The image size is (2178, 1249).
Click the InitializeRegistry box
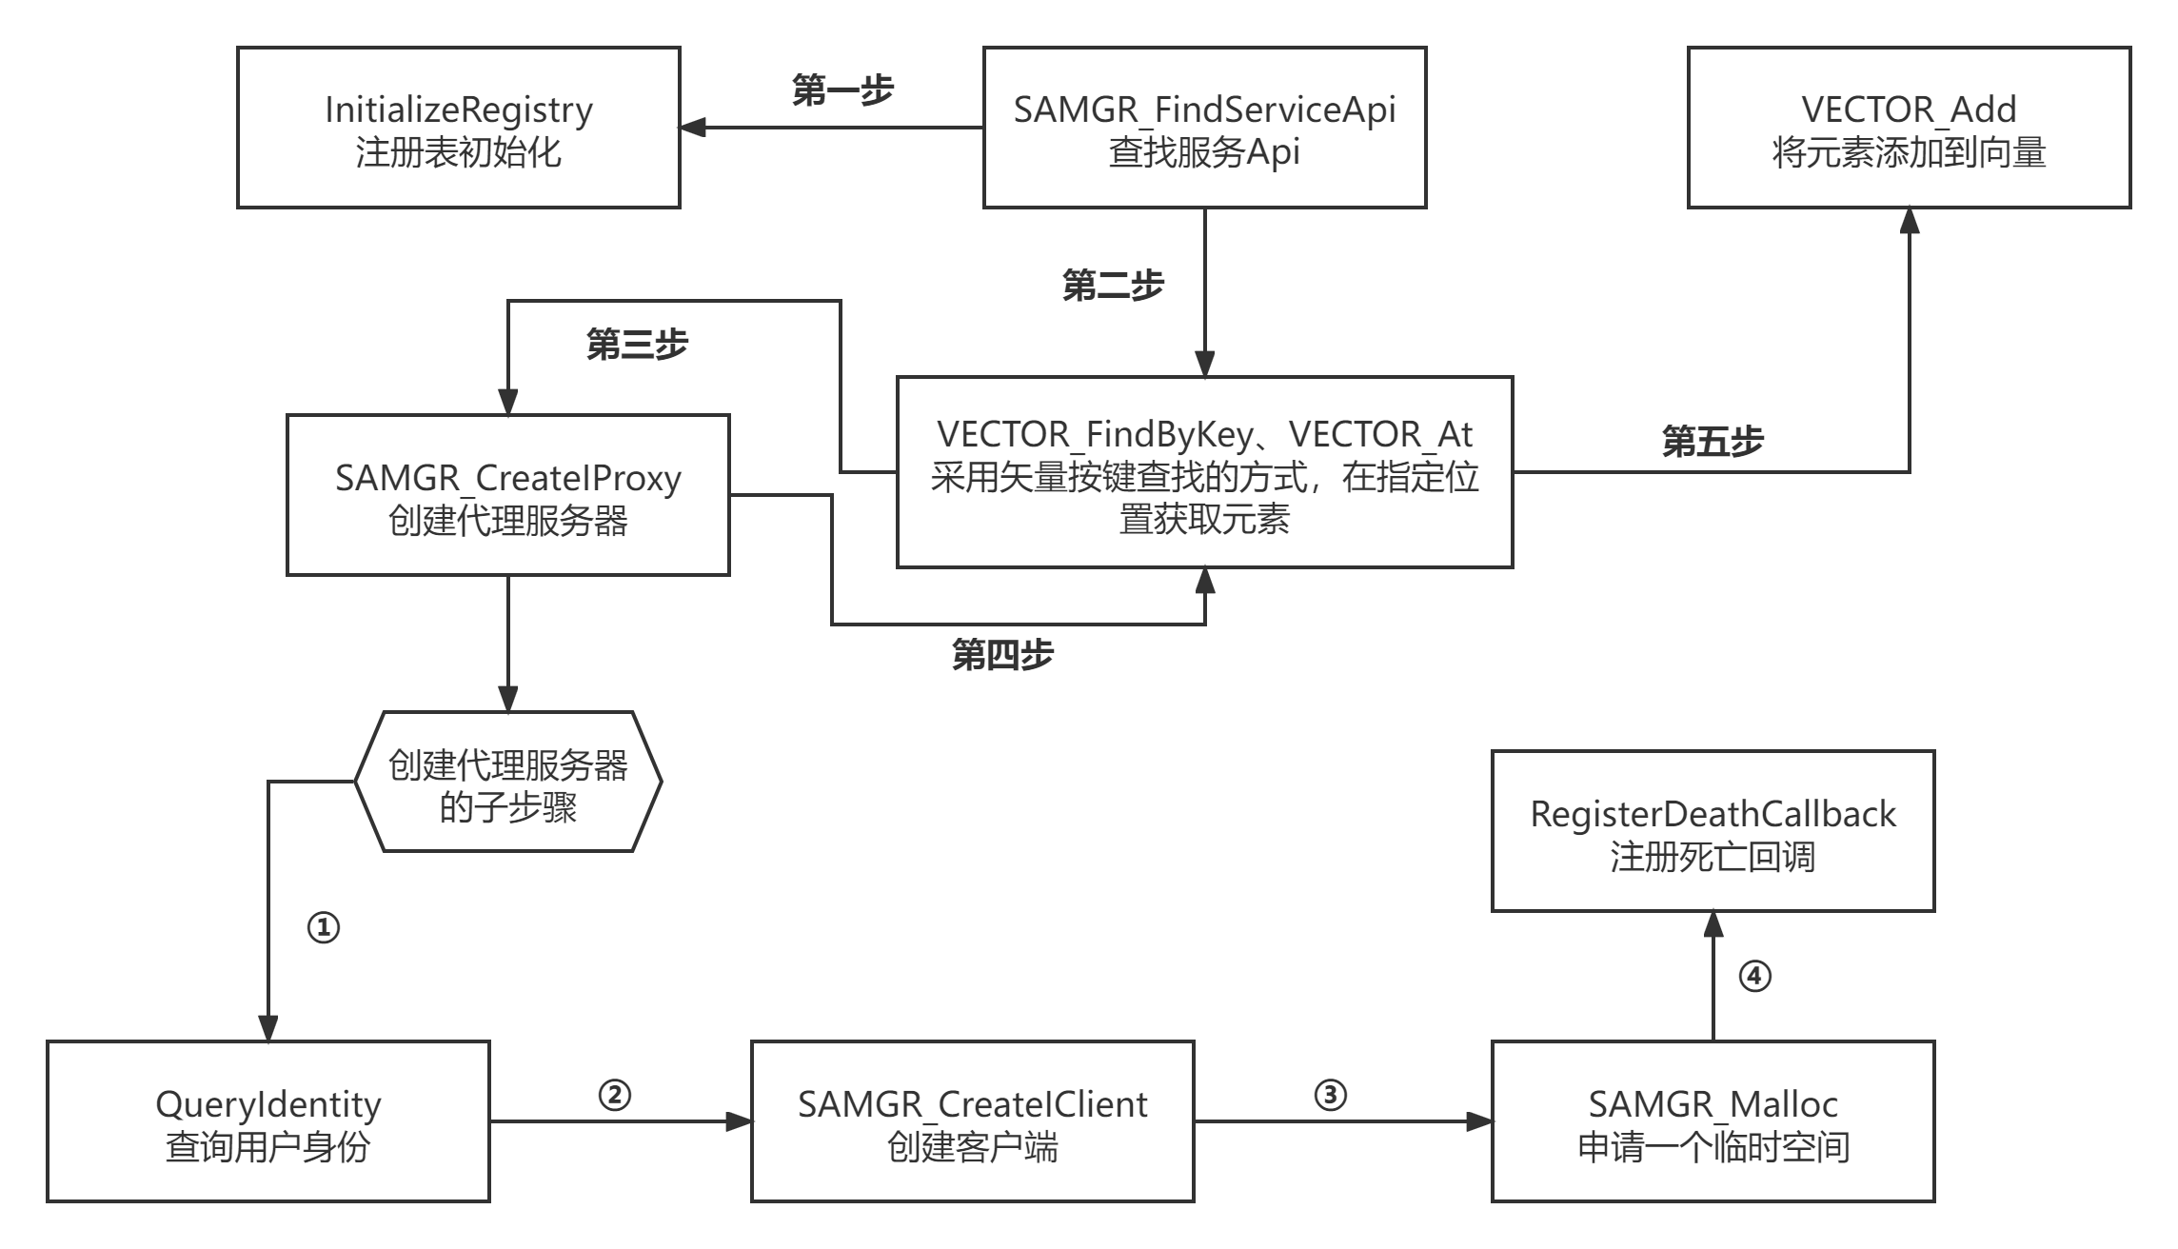[x=458, y=128]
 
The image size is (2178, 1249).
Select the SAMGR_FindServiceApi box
[x=1204, y=128]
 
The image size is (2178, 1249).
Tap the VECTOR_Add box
[x=1909, y=128]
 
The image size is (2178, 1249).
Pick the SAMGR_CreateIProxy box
[x=507, y=495]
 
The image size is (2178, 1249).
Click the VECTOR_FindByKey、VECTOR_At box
[x=1204, y=473]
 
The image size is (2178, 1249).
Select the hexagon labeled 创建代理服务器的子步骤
[x=507, y=782]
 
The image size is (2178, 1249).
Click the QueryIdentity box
[x=267, y=1121]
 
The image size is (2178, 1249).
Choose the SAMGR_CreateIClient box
[x=972, y=1121]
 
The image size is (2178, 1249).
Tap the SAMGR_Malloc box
[x=1713, y=1121]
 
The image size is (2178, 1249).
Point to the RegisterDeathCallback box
[x=1713, y=831]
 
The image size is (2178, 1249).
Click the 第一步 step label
[x=842, y=91]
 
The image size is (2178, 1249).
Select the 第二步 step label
[x=1113, y=285]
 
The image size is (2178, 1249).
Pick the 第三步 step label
[x=637, y=345]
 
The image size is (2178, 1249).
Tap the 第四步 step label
[x=1002, y=655]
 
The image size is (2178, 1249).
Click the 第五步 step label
[x=1713, y=442]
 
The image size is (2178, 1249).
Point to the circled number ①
[x=324, y=927]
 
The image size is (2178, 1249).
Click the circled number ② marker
[x=615, y=1095]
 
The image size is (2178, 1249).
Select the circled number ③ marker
[x=1330, y=1095]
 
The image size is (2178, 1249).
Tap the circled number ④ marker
[x=1754, y=976]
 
